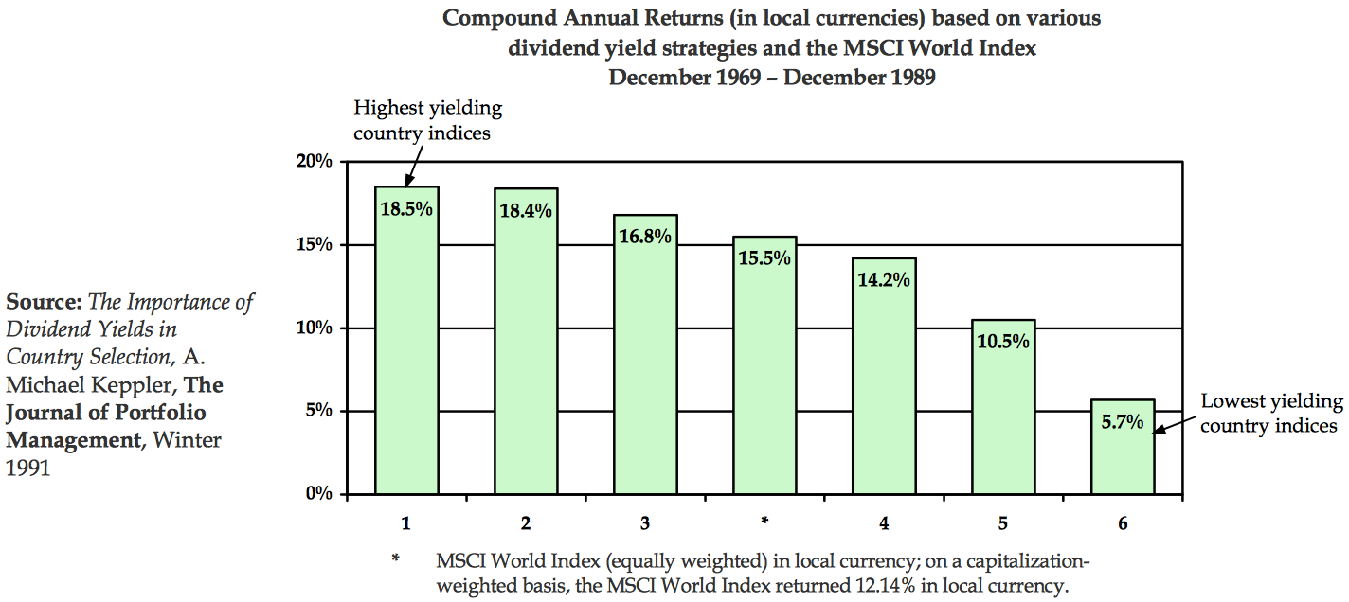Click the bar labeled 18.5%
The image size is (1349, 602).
point(406,341)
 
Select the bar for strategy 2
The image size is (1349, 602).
point(526,341)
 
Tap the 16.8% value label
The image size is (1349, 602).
point(645,236)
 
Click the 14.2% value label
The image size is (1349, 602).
point(884,280)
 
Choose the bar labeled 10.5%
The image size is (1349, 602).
point(1003,407)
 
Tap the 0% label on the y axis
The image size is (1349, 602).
point(318,494)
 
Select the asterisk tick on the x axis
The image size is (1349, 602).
point(764,521)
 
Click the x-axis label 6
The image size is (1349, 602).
point(1123,522)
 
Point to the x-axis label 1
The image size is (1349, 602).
point(406,522)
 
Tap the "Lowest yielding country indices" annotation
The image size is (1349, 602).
point(1270,414)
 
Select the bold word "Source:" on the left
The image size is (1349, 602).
point(45,303)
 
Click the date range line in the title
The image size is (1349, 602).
point(771,78)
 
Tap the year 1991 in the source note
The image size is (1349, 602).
point(27,467)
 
